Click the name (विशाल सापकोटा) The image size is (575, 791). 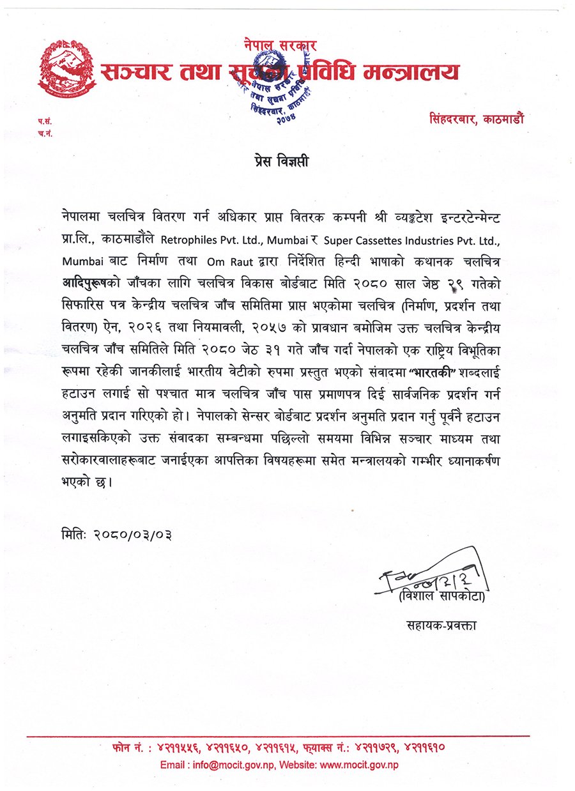441,597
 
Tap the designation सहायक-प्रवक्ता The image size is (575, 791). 441,624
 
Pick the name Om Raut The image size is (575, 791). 218,261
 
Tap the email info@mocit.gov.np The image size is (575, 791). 234,765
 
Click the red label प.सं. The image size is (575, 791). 43,121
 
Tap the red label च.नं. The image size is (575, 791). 43,133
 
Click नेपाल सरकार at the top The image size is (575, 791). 280,46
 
